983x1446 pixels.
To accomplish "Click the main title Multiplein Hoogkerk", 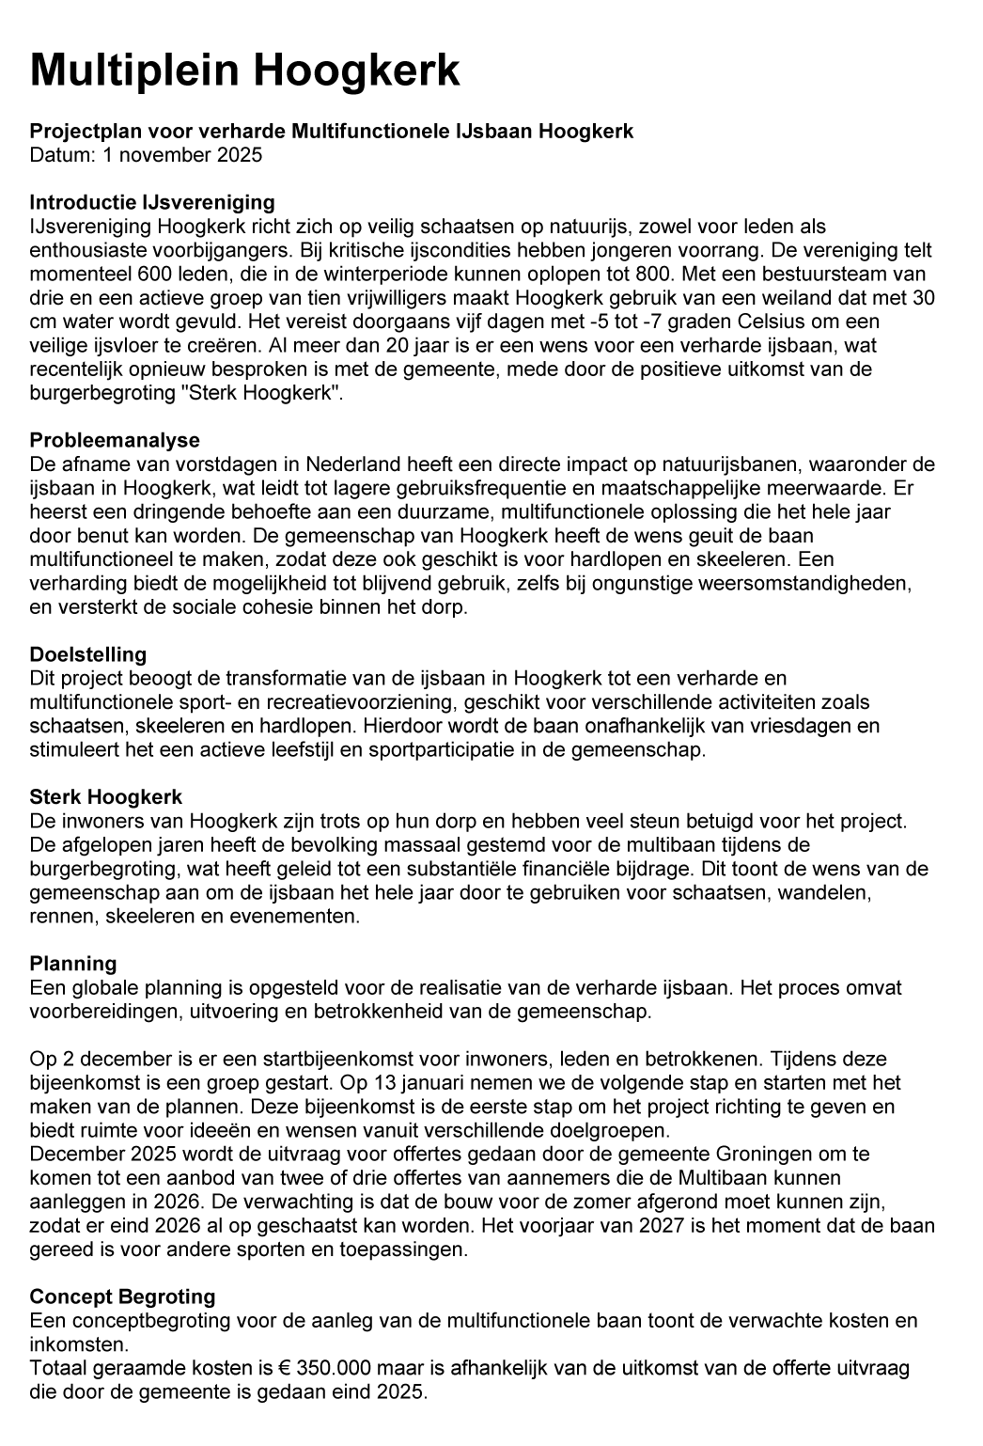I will [x=245, y=71].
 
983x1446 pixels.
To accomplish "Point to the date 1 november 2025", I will [x=183, y=155].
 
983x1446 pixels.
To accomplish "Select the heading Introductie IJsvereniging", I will [x=152, y=202].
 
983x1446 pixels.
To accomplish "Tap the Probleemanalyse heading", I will [x=115, y=440].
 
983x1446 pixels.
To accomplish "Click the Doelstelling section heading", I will [x=88, y=654].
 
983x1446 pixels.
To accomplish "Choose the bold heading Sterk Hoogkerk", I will [x=106, y=797].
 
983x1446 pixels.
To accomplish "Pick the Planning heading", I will [x=73, y=964].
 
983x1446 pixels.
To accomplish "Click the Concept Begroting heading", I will [x=122, y=1297].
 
